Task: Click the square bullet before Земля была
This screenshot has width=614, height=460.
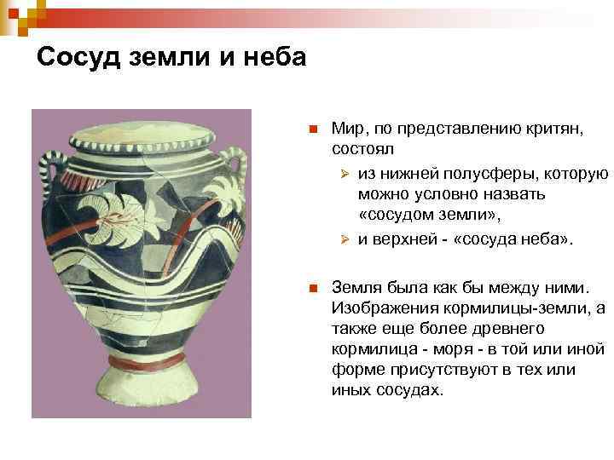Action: click(313, 289)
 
